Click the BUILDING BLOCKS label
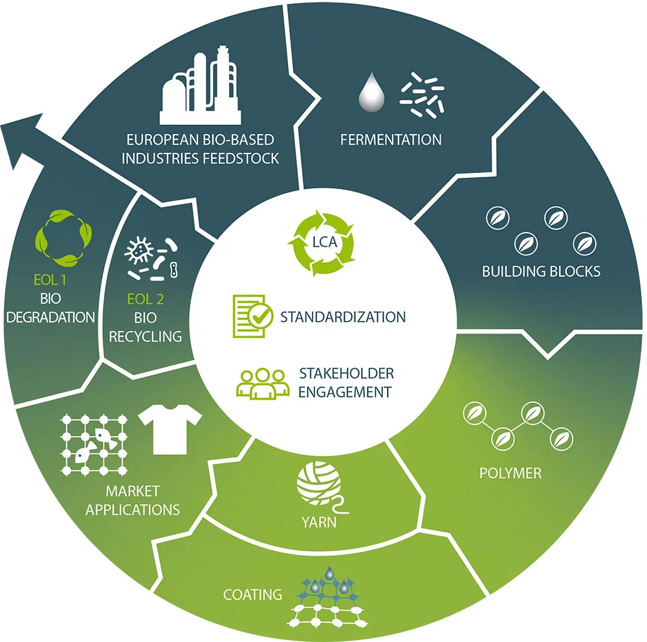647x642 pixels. pos(541,271)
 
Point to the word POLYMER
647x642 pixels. pos(510,473)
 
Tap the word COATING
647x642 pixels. pos(252,594)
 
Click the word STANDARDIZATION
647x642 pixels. pos(343,317)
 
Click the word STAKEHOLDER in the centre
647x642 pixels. pos(346,374)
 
